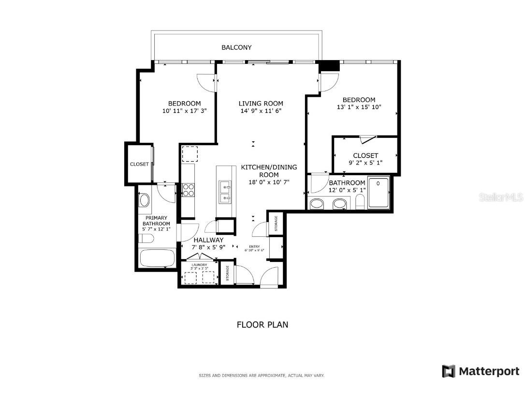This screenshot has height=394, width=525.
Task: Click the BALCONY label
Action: pos(236,47)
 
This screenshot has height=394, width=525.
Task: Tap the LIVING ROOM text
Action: pos(261,103)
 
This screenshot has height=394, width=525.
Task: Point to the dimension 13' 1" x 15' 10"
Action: pos(359,107)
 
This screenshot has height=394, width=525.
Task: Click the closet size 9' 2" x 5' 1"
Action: pos(365,163)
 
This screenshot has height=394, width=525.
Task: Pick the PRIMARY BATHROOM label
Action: pos(157,221)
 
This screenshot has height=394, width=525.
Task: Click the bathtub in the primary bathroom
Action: pos(158,258)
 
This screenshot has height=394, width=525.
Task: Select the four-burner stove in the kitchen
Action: pos(188,189)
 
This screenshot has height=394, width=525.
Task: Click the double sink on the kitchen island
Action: pos(225,192)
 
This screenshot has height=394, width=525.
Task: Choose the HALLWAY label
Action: pos(208,240)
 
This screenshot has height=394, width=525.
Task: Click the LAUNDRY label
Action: pos(199,265)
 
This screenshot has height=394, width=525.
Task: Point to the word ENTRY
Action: pos(254,246)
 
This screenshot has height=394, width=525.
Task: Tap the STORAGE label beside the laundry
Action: pos(227,273)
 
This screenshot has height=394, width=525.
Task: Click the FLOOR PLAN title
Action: pos(262,324)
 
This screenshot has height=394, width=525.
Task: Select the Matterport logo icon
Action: pos(449,371)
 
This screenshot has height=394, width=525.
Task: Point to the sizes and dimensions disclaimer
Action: pos(262,375)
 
